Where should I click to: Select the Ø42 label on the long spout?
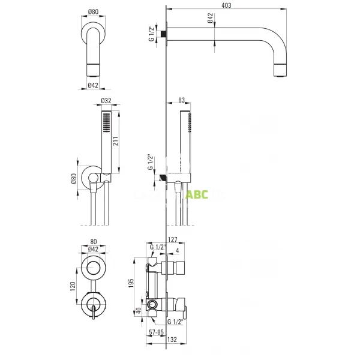click(211, 19)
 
